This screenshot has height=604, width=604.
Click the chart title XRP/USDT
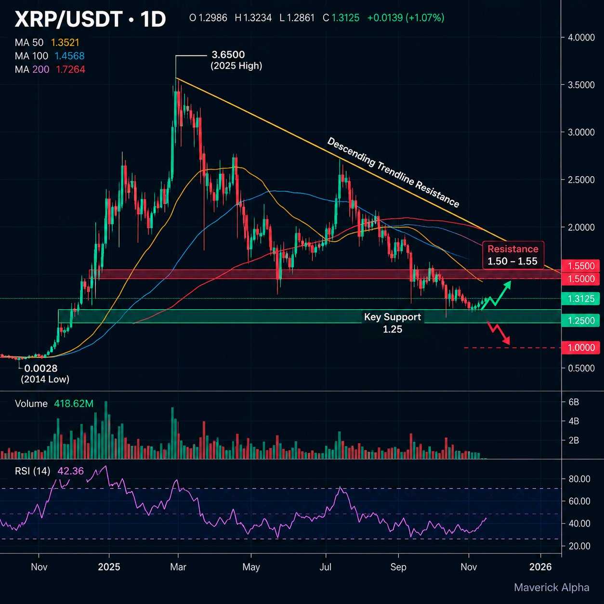tap(68, 19)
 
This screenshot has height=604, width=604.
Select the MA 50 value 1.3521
tap(65, 43)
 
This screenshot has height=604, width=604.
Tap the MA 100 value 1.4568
tap(69, 56)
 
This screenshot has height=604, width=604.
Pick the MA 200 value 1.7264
tap(70, 69)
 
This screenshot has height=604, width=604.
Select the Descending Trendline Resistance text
tap(393, 172)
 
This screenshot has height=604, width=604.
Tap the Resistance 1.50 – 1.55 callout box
tap(513, 255)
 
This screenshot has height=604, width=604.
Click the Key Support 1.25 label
tap(393, 323)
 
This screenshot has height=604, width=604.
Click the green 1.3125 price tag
tap(580, 299)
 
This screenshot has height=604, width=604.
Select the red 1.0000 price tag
tap(580, 348)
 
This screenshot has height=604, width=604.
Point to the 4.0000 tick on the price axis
tap(581, 38)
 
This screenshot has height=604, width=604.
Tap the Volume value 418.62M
tap(74, 404)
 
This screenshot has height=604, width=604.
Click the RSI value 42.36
tap(70, 471)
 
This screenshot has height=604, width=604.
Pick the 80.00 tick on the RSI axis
tap(579, 479)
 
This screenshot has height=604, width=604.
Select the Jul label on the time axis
tap(325, 567)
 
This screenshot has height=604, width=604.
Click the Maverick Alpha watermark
tap(551, 588)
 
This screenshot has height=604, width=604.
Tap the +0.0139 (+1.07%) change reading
tap(406, 18)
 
